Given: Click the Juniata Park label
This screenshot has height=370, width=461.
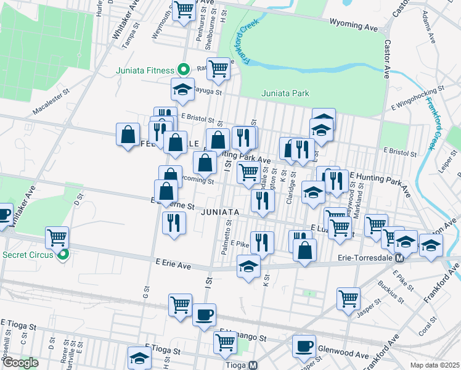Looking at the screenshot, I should [285, 94].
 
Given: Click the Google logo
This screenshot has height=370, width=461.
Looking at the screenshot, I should [20, 363].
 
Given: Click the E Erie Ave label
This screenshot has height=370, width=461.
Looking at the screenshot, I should [176, 264].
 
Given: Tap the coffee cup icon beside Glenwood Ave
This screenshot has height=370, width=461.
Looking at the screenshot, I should [304, 346].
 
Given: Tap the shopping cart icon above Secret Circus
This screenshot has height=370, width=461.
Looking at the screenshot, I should [57, 236].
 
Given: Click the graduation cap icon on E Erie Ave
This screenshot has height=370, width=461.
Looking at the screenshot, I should [248, 266].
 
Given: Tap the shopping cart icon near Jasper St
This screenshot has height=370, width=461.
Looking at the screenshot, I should [348, 298].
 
